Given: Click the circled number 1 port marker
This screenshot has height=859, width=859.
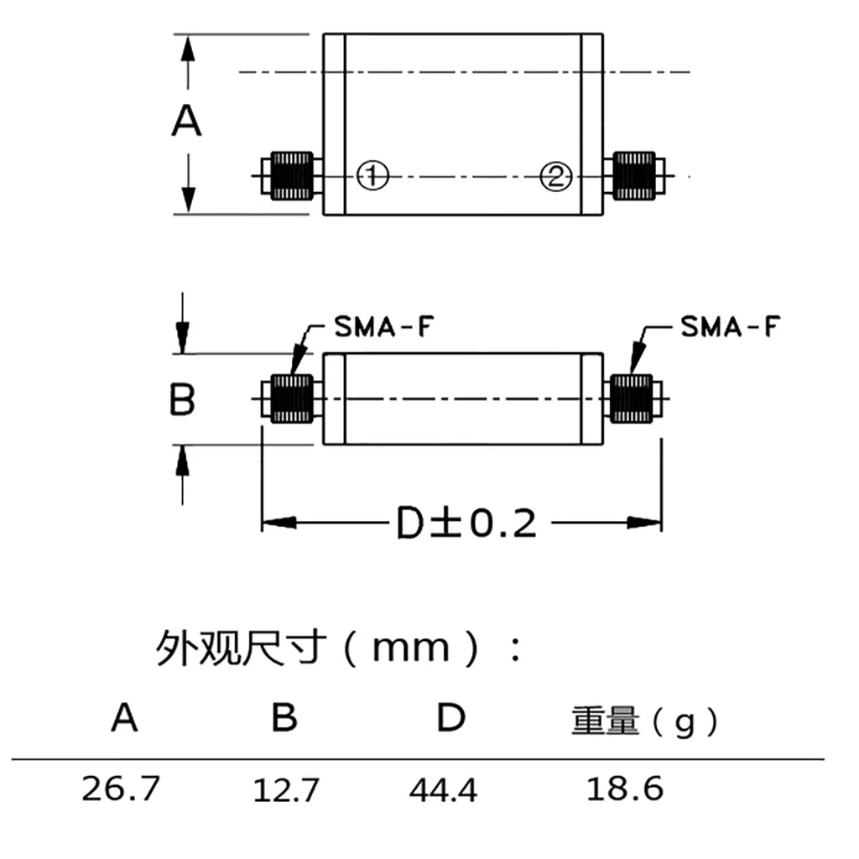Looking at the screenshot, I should tap(372, 176).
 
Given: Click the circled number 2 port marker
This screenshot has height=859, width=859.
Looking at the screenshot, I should tap(555, 176).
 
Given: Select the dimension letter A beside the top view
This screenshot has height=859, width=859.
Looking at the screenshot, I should tap(187, 122).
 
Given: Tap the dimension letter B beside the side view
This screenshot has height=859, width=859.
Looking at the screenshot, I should tap(182, 399).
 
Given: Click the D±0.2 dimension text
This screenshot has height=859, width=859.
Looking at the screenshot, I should tap(466, 524).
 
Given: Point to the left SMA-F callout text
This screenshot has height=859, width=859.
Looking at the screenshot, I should tap(383, 326).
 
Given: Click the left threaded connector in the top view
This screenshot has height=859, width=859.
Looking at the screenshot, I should tap(293, 176).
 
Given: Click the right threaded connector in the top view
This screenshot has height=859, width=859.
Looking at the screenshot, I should tap(633, 176).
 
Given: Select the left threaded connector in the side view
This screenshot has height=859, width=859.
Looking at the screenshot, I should tap(293, 398).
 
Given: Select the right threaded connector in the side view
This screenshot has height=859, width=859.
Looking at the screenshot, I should tap(632, 398).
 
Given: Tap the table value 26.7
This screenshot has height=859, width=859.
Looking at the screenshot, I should tap(120, 789).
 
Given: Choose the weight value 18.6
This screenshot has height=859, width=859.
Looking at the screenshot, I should tap(624, 789).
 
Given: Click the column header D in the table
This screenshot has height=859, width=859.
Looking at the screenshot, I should tap(450, 718).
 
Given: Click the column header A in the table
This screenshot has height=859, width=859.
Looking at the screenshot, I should tap(124, 718).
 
